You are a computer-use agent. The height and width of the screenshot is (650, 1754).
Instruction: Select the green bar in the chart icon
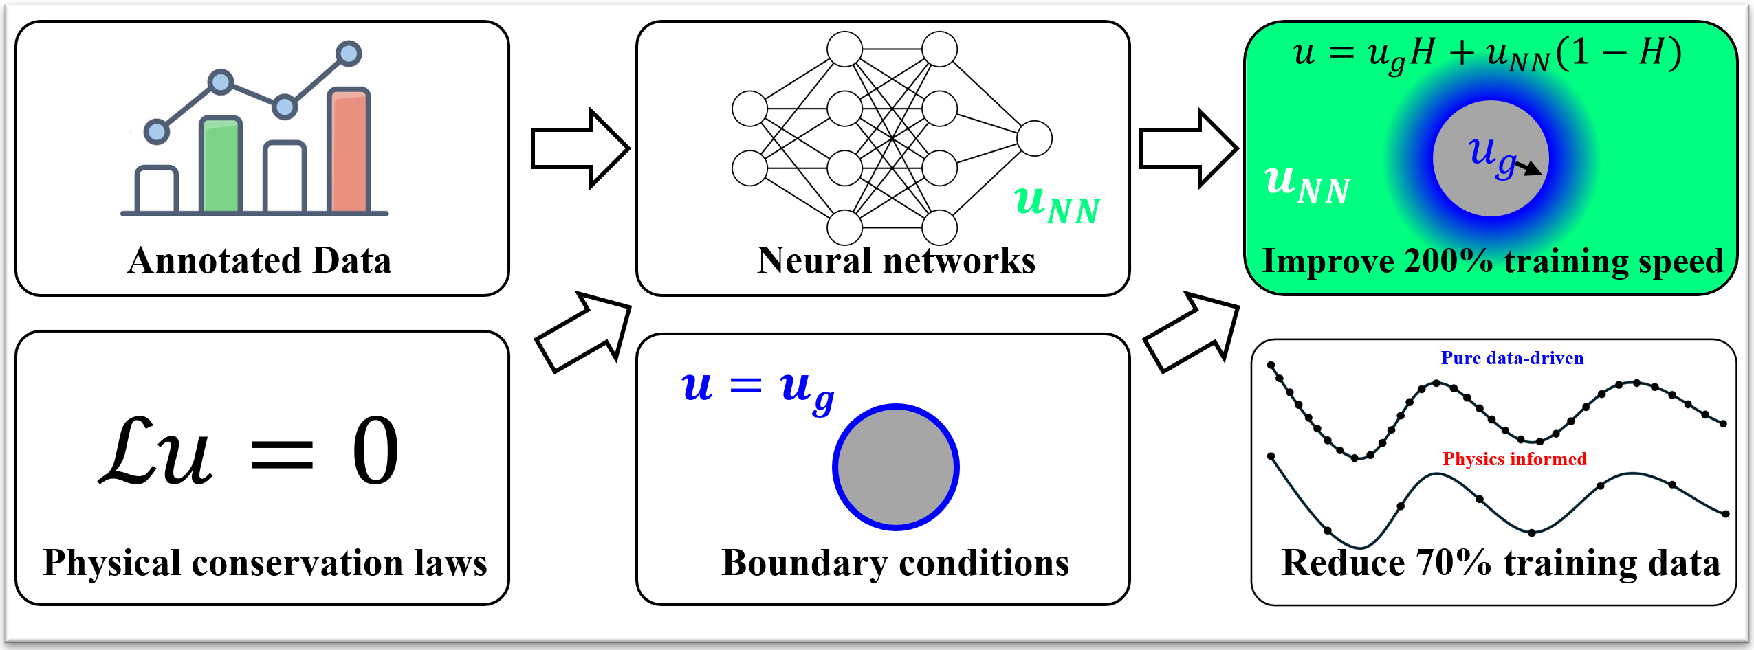click(220, 165)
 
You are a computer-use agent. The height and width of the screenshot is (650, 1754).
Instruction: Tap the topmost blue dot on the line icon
click(349, 53)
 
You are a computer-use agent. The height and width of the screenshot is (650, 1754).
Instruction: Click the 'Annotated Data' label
click(259, 261)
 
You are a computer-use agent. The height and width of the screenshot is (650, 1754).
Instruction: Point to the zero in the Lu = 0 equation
click(375, 451)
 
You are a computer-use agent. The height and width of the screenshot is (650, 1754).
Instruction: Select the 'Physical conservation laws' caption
click(265, 563)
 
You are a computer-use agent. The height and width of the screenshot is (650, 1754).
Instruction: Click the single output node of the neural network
click(1034, 138)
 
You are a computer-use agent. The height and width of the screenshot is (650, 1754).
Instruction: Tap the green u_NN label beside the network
click(1057, 204)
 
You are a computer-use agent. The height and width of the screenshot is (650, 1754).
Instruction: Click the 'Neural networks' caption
click(896, 261)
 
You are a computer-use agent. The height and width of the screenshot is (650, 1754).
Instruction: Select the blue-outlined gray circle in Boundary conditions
click(895, 467)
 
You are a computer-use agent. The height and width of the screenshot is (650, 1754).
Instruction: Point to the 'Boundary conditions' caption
click(895, 563)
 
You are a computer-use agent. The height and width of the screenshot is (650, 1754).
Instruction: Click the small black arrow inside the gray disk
click(1528, 168)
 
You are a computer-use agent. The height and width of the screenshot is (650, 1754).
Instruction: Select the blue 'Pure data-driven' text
click(1512, 358)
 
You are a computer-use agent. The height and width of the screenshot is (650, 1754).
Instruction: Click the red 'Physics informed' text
click(1515, 459)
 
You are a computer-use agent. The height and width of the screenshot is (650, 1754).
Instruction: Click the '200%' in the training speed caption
click(1449, 261)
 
